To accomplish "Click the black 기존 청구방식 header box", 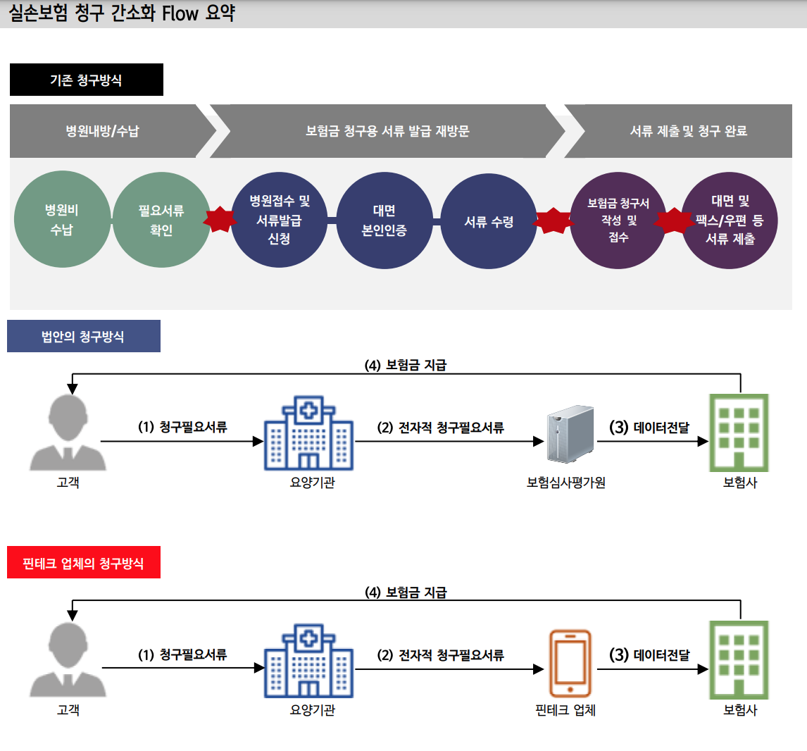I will point(86,80).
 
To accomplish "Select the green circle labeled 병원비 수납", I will point(62,220).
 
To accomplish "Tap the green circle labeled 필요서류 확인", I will point(161,220).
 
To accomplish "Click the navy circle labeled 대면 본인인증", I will point(384,221).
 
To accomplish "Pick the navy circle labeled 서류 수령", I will point(489,221).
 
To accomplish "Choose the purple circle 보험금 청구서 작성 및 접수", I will point(618,221).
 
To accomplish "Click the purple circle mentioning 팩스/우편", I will point(730,221).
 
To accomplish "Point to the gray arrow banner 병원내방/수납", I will point(103,131).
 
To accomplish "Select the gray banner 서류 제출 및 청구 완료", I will point(687,131).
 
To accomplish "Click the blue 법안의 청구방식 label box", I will point(83,336).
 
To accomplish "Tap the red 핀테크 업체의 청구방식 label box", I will point(83,562).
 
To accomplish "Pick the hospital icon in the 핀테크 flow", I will point(308,661).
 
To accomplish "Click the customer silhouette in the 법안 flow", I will point(68,433).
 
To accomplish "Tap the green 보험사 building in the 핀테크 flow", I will point(738,659).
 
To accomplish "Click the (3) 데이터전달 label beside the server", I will point(649,428).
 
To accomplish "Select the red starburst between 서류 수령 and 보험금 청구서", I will point(553,221).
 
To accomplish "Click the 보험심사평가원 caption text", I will point(565,483).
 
